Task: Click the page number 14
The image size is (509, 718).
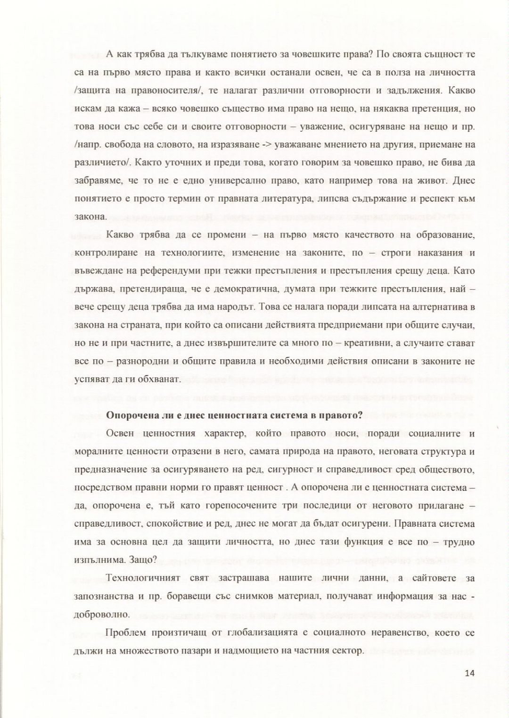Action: [469, 673]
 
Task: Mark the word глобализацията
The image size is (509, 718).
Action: [272, 632]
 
